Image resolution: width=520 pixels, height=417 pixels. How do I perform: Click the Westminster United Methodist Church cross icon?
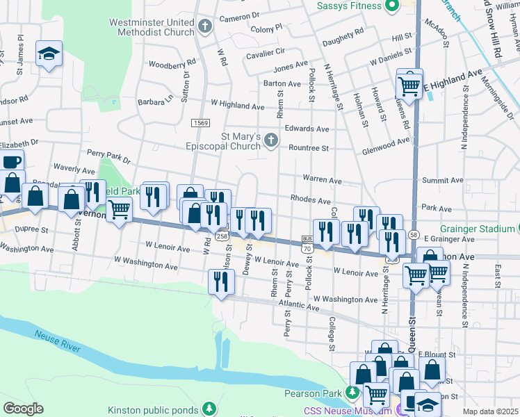tap(204, 27)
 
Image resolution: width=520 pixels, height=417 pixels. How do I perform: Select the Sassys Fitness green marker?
tap(391, 6)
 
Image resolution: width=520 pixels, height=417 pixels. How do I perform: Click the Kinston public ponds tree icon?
tap(208, 407)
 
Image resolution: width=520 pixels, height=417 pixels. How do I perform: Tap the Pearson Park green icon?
tap(352, 393)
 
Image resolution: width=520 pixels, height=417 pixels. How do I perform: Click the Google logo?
tap(23, 408)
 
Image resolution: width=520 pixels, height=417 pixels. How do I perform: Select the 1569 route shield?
tap(201, 122)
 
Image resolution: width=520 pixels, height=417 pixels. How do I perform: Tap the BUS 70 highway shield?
tap(306, 243)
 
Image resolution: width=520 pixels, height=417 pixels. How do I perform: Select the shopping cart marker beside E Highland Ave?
tap(409, 87)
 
